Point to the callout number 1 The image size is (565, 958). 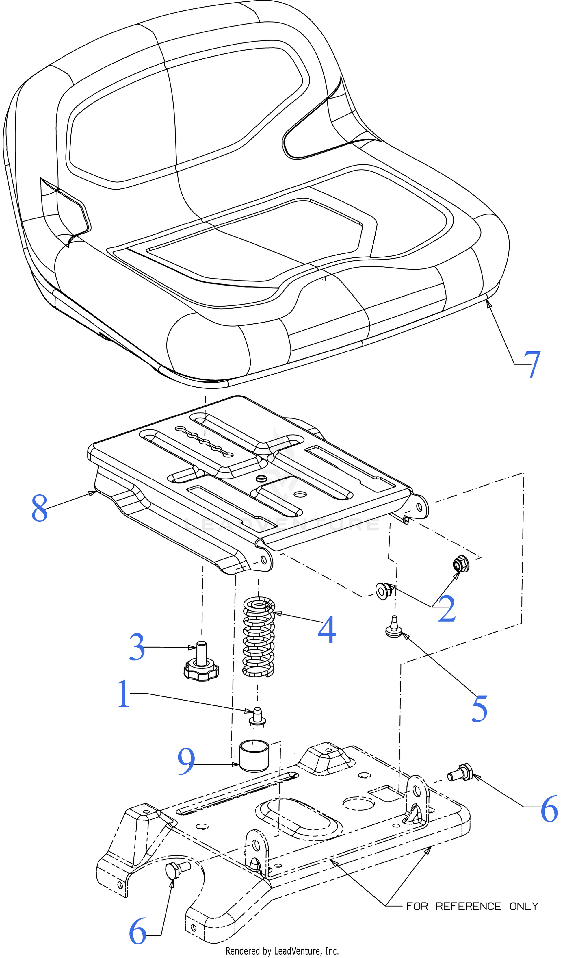tap(123, 694)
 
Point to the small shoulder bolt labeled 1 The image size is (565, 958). tap(257, 716)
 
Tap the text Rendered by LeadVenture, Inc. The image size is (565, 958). tap(282, 951)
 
